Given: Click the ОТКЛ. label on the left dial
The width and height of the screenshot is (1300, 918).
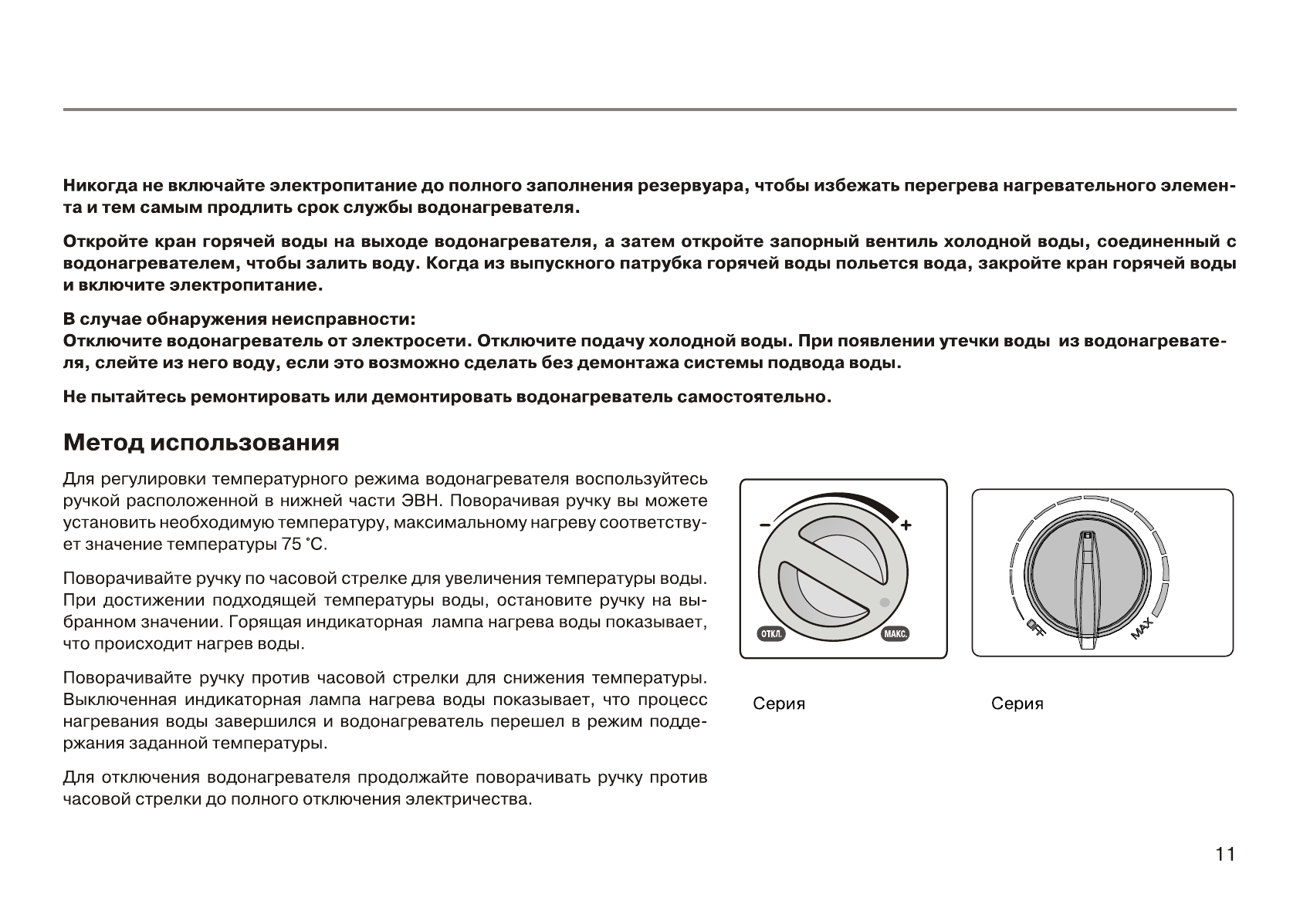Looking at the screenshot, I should click(x=771, y=634).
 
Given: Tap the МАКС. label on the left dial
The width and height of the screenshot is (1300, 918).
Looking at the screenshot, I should click(x=895, y=634).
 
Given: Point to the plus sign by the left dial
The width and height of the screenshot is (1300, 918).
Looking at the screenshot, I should click(x=906, y=525).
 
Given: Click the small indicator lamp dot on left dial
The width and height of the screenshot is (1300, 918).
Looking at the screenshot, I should click(x=884, y=602).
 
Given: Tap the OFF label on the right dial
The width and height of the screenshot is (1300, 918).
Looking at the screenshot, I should click(x=1035, y=629).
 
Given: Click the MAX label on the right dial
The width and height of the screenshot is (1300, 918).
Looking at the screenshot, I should click(x=1143, y=629).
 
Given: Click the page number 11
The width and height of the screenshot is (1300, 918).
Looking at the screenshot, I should click(x=1225, y=854).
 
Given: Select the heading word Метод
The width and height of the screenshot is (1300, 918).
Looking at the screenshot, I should click(x=103, y=443).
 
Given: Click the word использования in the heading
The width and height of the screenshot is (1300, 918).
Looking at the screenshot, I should click(x=245, y=443).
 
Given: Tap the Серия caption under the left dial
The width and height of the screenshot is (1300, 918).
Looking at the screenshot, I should click(x=779, y=704).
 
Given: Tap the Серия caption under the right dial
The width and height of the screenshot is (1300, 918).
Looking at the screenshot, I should click(x=1017, y=704).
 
